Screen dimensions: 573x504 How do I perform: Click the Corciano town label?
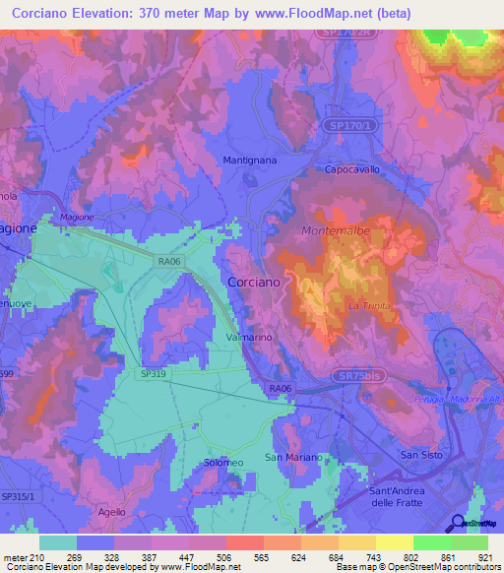[x=254, y=282]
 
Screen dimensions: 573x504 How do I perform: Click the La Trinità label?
[x=370, y=306]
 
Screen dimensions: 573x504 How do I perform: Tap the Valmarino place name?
[x=248, y=337]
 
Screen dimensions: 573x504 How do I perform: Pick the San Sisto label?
[x=421, y=454]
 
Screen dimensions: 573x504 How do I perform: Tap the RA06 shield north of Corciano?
[x=168, y=262]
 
